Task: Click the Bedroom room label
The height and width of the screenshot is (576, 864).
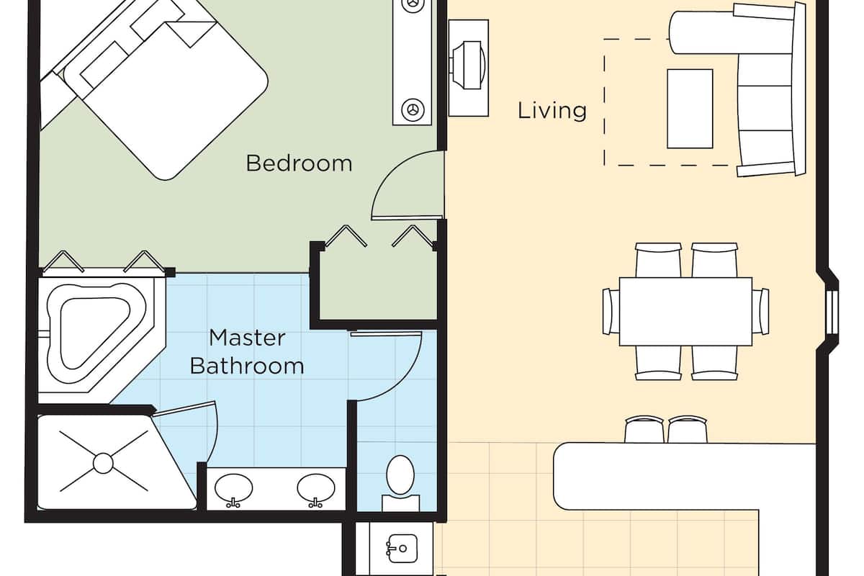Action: pyautogui.click(x=299, y=163)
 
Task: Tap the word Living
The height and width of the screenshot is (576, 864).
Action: pyautogui.click(x=552, y=111)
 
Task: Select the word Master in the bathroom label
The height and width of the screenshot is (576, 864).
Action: pyautogui.click(x=247, y=338)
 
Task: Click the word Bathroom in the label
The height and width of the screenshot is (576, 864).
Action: pyautogui.click(x=247, y=366)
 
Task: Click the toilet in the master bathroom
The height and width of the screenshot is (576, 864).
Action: pyautogui.click(x=400, y=482)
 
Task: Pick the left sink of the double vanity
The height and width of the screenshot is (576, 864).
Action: pyautogui.click(x=233, y=489)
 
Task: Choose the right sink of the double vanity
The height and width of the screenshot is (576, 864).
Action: pyautogui.click(x=316, y=489)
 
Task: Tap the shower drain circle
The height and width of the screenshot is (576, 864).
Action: pyautogui.click(x=103, y=464)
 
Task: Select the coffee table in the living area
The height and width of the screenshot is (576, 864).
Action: pyautogui.click(x=690, y=109)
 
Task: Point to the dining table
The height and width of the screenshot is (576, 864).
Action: pyautogui.click(x=685, y=312)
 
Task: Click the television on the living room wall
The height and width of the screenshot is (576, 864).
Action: pyautogui.click(x=468, y=66)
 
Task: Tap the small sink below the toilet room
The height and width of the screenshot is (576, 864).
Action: pyautogui.click(x=402, y=548)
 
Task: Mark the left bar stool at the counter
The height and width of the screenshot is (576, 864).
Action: pyautogui.click(x=644, y=429)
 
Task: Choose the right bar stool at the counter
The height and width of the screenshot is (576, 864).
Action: pyautogui.click(x=688, y=429)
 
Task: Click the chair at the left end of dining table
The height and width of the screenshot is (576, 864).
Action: pyautogui.click(x=611, y=311)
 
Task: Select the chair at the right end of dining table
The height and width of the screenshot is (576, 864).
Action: pyautogui.click(x=760, y=311)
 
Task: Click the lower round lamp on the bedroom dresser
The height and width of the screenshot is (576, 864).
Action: pyautogui.click(x=413, y=109)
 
